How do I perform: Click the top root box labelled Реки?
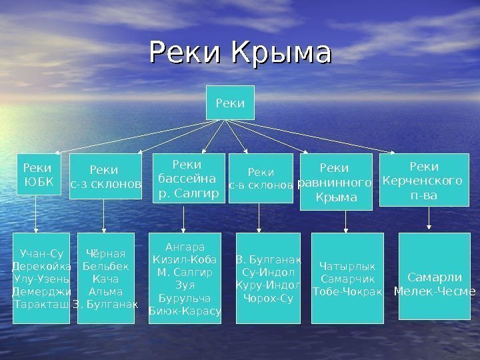point(231,103)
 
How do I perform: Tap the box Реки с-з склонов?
point(105,177)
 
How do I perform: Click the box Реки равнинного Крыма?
point(336,182)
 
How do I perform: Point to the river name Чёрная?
point(106,253)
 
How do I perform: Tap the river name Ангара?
point(185,247)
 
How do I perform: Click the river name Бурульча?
point(185,298)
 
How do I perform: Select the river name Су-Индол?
point(268,273)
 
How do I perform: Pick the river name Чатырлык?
point(347,266)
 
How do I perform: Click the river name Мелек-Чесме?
point(435,291)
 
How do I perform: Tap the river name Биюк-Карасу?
point(185,311)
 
